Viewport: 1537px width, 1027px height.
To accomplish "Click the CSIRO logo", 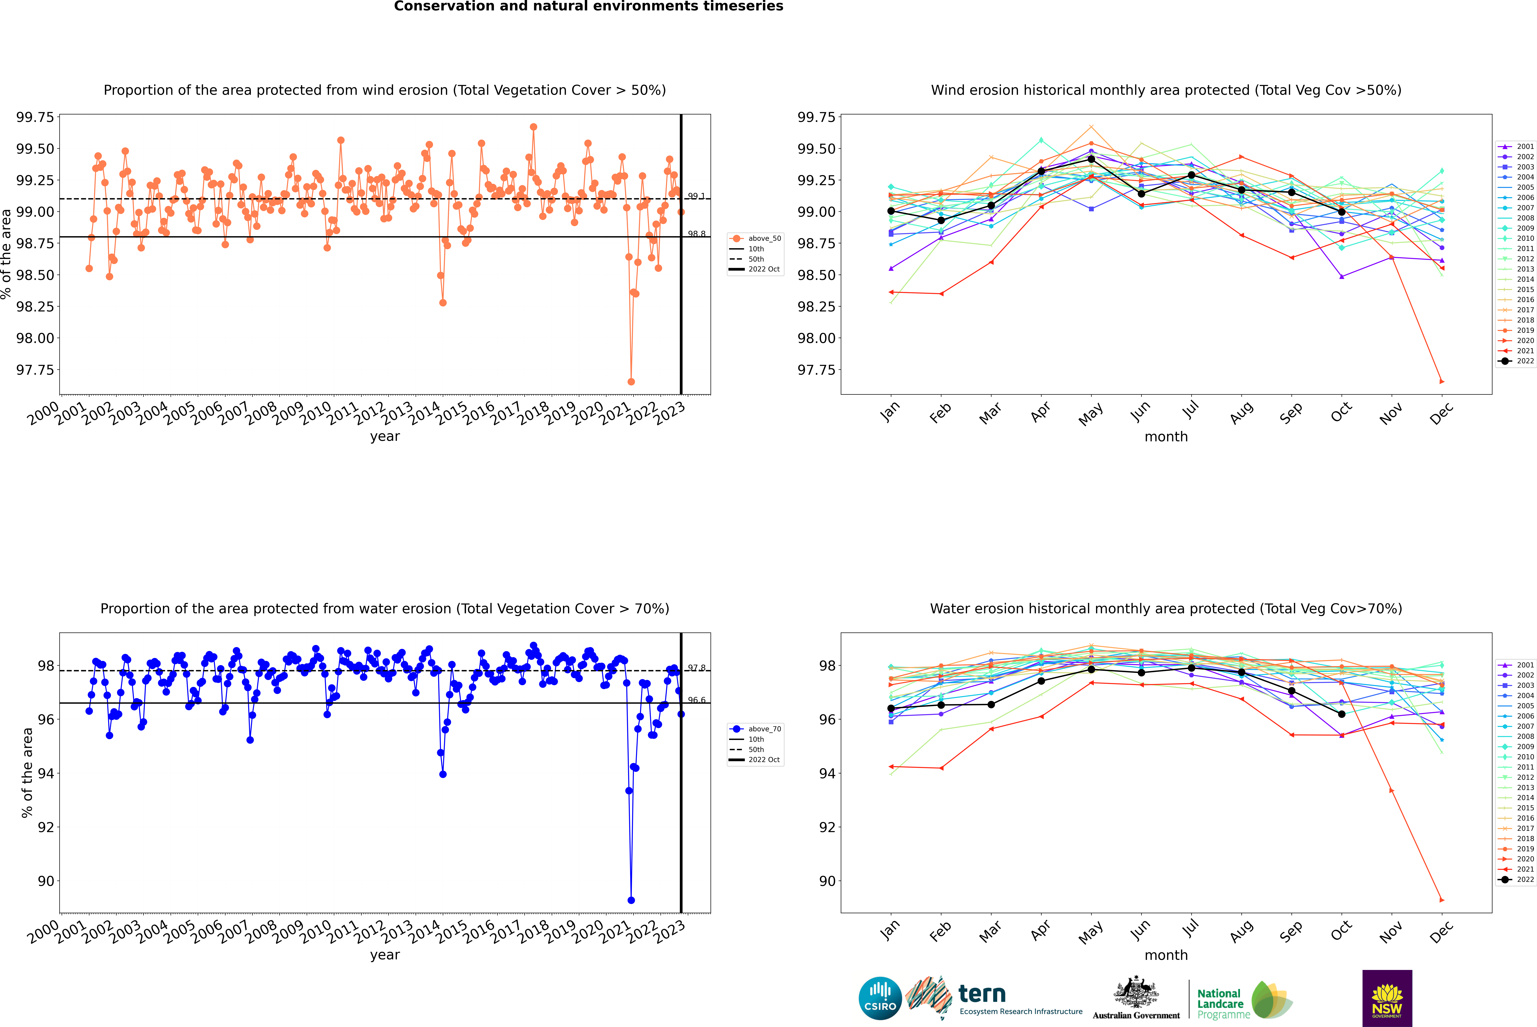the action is tap(880, 998).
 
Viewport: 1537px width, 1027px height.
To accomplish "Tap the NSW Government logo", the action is tap(1387, 998).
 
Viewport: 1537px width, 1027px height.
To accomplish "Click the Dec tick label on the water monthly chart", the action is tap(1441, 932).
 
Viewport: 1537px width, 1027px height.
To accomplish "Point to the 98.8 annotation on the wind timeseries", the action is tap(696, 234).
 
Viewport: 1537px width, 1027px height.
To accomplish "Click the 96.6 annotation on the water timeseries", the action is tap(696, 700).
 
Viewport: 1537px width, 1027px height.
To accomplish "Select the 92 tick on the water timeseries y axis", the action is tap(46, 827).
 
